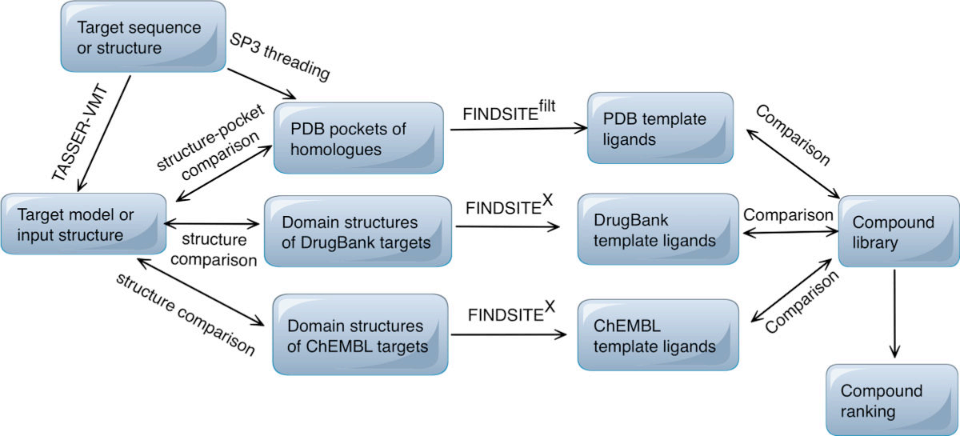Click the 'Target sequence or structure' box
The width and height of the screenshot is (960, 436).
click(143, 37)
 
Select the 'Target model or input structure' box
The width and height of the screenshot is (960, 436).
click(83, 224)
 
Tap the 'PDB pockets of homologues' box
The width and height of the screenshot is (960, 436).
click(358, 138)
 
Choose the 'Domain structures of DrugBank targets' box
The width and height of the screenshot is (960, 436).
click(358, 231)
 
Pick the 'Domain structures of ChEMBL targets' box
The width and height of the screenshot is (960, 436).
click(361, 335)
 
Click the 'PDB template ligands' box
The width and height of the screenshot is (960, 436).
click(661, 128)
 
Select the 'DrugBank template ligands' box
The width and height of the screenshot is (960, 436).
click(658, 230)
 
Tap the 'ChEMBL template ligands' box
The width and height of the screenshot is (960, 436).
click(658, 335)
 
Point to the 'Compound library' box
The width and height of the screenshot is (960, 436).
click(898, 231)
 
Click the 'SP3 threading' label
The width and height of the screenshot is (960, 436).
click(280, 57)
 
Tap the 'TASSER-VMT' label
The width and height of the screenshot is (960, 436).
click(80, 134)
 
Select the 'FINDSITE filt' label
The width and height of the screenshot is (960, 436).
click(509, 110)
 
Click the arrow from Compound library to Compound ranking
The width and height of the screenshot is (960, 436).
click(894, 314)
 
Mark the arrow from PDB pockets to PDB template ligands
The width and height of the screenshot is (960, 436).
click(518, 129)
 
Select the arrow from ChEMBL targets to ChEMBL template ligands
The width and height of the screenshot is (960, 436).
click(509, 334)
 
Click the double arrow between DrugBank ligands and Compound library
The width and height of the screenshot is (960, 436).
click(790, 232)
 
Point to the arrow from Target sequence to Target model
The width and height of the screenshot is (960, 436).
click(104, 134)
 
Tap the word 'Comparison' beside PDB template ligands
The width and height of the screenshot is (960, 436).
click(793, 135)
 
